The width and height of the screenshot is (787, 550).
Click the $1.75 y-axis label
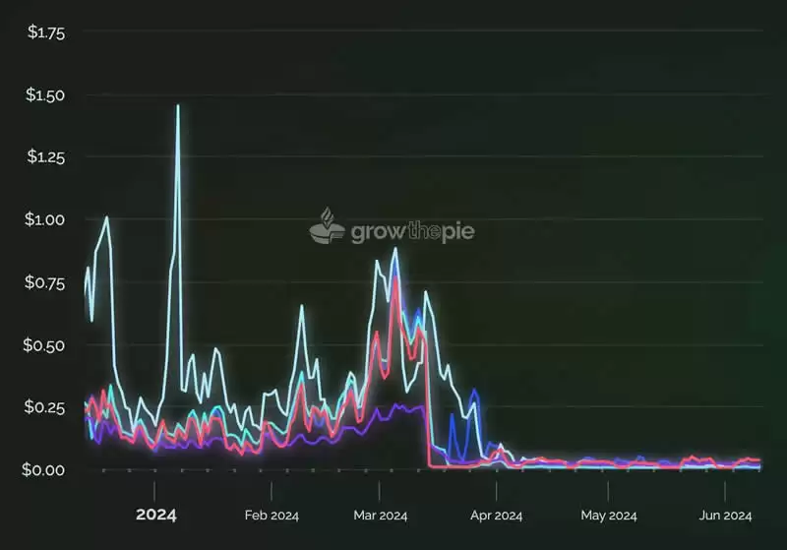tap(46, 32)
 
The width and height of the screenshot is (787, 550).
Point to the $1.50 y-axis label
tap(46, 95)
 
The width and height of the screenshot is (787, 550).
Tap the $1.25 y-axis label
tap(46, 157)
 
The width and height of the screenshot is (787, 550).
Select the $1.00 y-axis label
tap(46, 220)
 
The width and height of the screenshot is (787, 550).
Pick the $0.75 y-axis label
tap(46, 283)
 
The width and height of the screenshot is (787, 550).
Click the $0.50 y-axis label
tap(46, 345)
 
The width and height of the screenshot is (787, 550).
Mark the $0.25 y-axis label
tap(46, 408)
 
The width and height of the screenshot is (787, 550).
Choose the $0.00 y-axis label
tap(46, 470)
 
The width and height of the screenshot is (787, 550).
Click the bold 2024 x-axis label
tap(155, 515)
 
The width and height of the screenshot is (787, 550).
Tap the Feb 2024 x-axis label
tap(272, 516)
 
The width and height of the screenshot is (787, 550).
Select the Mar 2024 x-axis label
tap(380, 516)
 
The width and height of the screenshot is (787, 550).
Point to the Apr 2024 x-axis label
tap(496, 516)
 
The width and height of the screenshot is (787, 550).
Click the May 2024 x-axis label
tap(608, 516)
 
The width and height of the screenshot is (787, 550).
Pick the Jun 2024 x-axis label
tap(725, 516)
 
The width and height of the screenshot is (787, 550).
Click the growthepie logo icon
tap(328, 227)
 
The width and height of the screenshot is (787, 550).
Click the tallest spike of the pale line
tap(178, 105)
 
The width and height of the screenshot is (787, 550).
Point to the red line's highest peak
tap(395, 278)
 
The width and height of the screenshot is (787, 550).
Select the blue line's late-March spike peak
tap(474, 391)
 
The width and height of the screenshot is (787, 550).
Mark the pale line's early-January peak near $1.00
tap(106, 217)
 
